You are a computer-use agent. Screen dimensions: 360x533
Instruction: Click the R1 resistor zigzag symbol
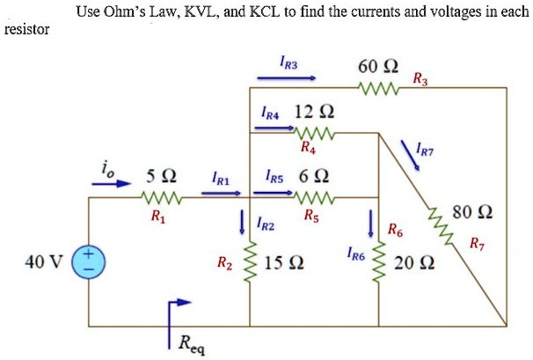point(163,198)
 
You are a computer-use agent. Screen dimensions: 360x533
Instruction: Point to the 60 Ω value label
point(377,67)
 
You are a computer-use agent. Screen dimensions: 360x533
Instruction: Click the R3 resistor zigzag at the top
point(381,87)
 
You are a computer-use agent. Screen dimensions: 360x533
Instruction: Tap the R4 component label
point(307,147)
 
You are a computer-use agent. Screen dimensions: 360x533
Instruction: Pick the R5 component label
point(310,214)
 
